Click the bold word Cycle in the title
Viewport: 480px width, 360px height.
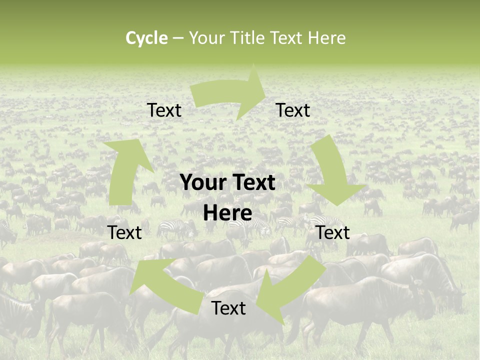click(x=146, y=38)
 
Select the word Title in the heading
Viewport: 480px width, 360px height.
click(x=248, y=38)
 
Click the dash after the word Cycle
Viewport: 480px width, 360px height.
click(x=178, y=38)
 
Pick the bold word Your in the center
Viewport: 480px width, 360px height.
click(x=202, y=183)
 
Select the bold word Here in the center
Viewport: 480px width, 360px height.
click(x=227, y=213)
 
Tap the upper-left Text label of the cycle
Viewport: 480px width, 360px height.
click(x=164, y=110)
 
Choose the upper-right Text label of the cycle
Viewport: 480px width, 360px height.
click(x=293, y=110)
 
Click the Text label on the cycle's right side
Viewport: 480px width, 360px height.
click(x=333, y=232)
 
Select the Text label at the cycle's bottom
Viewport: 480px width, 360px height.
click(x=228, y=308)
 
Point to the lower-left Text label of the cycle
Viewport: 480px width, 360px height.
click(x=124, y=232)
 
